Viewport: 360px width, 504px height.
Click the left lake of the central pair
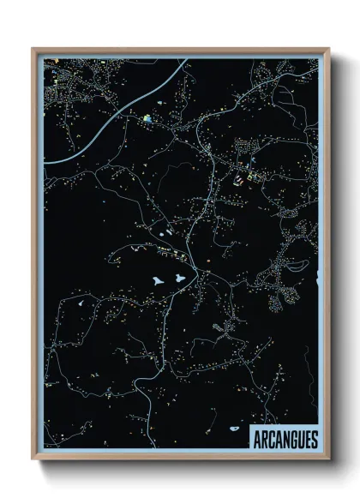(x=159, y=279)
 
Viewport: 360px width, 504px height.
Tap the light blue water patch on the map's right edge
(x=315, y=279)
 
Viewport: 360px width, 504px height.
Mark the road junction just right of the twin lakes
(x=201, y=273)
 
